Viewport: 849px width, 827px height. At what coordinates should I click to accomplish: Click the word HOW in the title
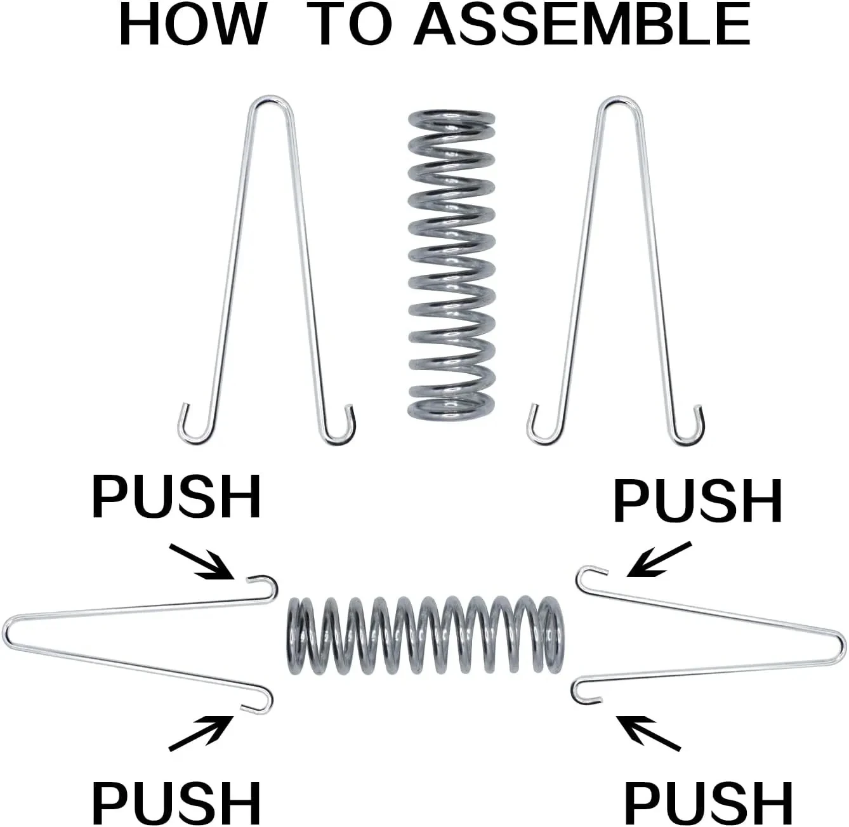[x=192, y=26]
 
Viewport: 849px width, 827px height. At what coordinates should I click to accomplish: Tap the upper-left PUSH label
[x=176, y=498]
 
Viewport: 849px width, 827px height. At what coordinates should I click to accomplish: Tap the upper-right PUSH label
[x=697, y=501]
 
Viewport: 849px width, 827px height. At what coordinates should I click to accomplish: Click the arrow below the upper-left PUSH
[x=202, y=561]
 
